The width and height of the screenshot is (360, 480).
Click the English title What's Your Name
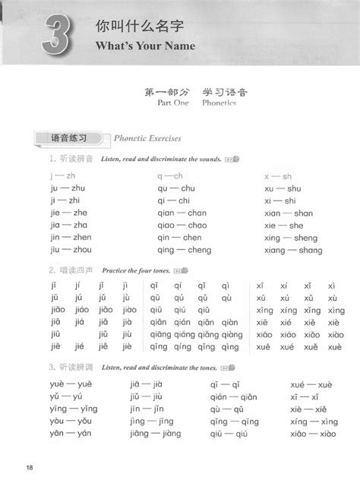tap(146, 46)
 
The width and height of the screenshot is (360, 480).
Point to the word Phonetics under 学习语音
tap(219, 103)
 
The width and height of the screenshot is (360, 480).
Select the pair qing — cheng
tap(185, 250)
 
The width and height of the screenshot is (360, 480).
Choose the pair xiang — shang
tap(292, 250)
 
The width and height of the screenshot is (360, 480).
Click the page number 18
tap(29, 466)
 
